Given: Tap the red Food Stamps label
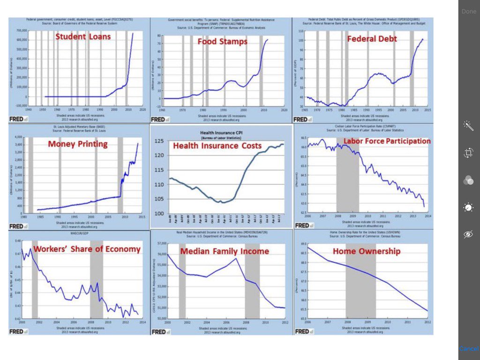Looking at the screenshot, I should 222,41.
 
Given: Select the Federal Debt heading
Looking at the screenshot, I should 372,38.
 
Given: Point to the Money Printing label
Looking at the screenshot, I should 78,144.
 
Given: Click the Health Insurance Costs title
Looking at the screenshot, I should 217,146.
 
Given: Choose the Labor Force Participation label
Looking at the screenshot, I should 387,141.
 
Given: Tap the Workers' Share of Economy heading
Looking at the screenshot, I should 87,249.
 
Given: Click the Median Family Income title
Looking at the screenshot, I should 225,251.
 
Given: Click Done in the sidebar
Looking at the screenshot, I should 469,11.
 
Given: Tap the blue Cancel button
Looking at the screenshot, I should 469,349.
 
